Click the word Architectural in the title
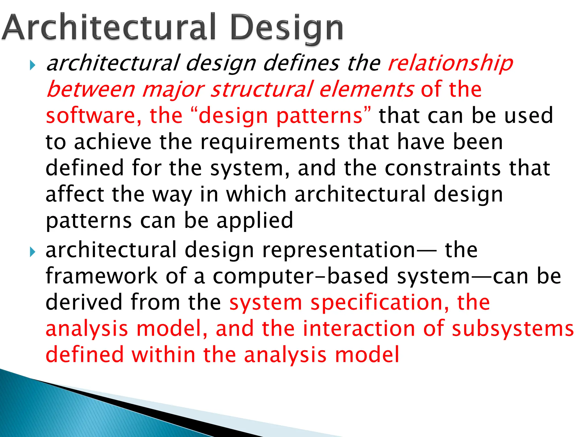[109, 27]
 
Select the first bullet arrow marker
[33, 66]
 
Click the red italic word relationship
[450, 63]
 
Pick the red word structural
[261, 89]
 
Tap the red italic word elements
[367, 89]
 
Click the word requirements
[270, 142]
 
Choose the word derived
[84, 302]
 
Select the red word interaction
[359, 329]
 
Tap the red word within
[163, 354]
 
